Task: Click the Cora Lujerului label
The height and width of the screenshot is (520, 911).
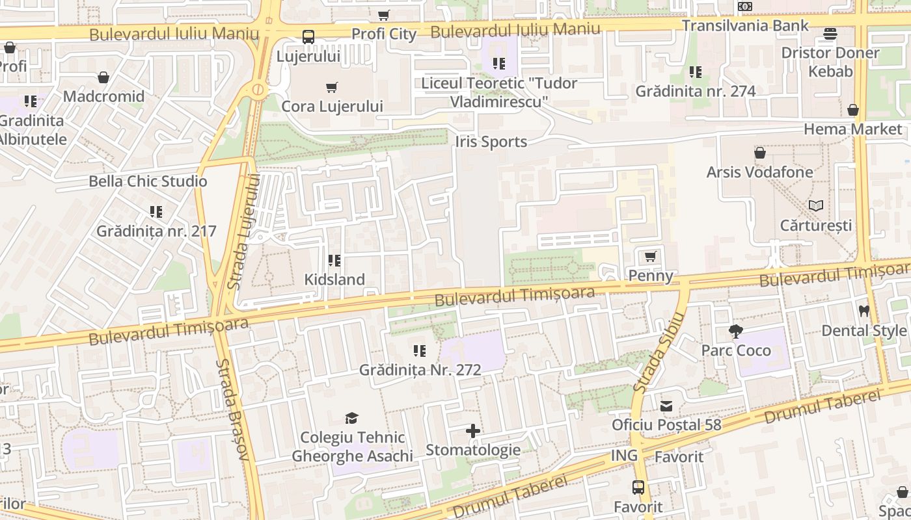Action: click(332, 106)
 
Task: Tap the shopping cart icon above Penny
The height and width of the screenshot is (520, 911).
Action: click(650, 256)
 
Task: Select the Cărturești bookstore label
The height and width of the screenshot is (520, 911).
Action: click(816, 226)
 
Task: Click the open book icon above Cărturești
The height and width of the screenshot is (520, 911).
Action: click(816, 206)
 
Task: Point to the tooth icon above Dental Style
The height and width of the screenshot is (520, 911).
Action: click(864, 311)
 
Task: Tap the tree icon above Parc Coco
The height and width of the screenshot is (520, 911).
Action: click(736, 331)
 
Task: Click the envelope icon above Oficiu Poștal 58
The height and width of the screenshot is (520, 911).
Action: click(666, 406)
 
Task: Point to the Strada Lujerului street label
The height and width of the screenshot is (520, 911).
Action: click(244, 231)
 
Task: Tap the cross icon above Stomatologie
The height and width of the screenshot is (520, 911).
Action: click(473, 431)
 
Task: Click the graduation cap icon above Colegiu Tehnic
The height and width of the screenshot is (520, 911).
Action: click(352, 418)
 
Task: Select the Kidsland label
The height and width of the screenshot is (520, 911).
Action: click(334, 279)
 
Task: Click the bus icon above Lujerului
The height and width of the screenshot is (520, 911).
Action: click(308, 37)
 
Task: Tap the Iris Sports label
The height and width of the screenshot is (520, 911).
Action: click(491, 142)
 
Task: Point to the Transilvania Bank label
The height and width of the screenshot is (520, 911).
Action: click(745, 25)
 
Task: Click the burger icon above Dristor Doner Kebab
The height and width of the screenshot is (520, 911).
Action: click(830, 34)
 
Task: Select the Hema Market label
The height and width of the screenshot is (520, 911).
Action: click(852, 129)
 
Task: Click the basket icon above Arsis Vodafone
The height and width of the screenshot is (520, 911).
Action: click(759, 153)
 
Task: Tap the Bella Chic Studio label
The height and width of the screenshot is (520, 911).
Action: click(148, 181)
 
